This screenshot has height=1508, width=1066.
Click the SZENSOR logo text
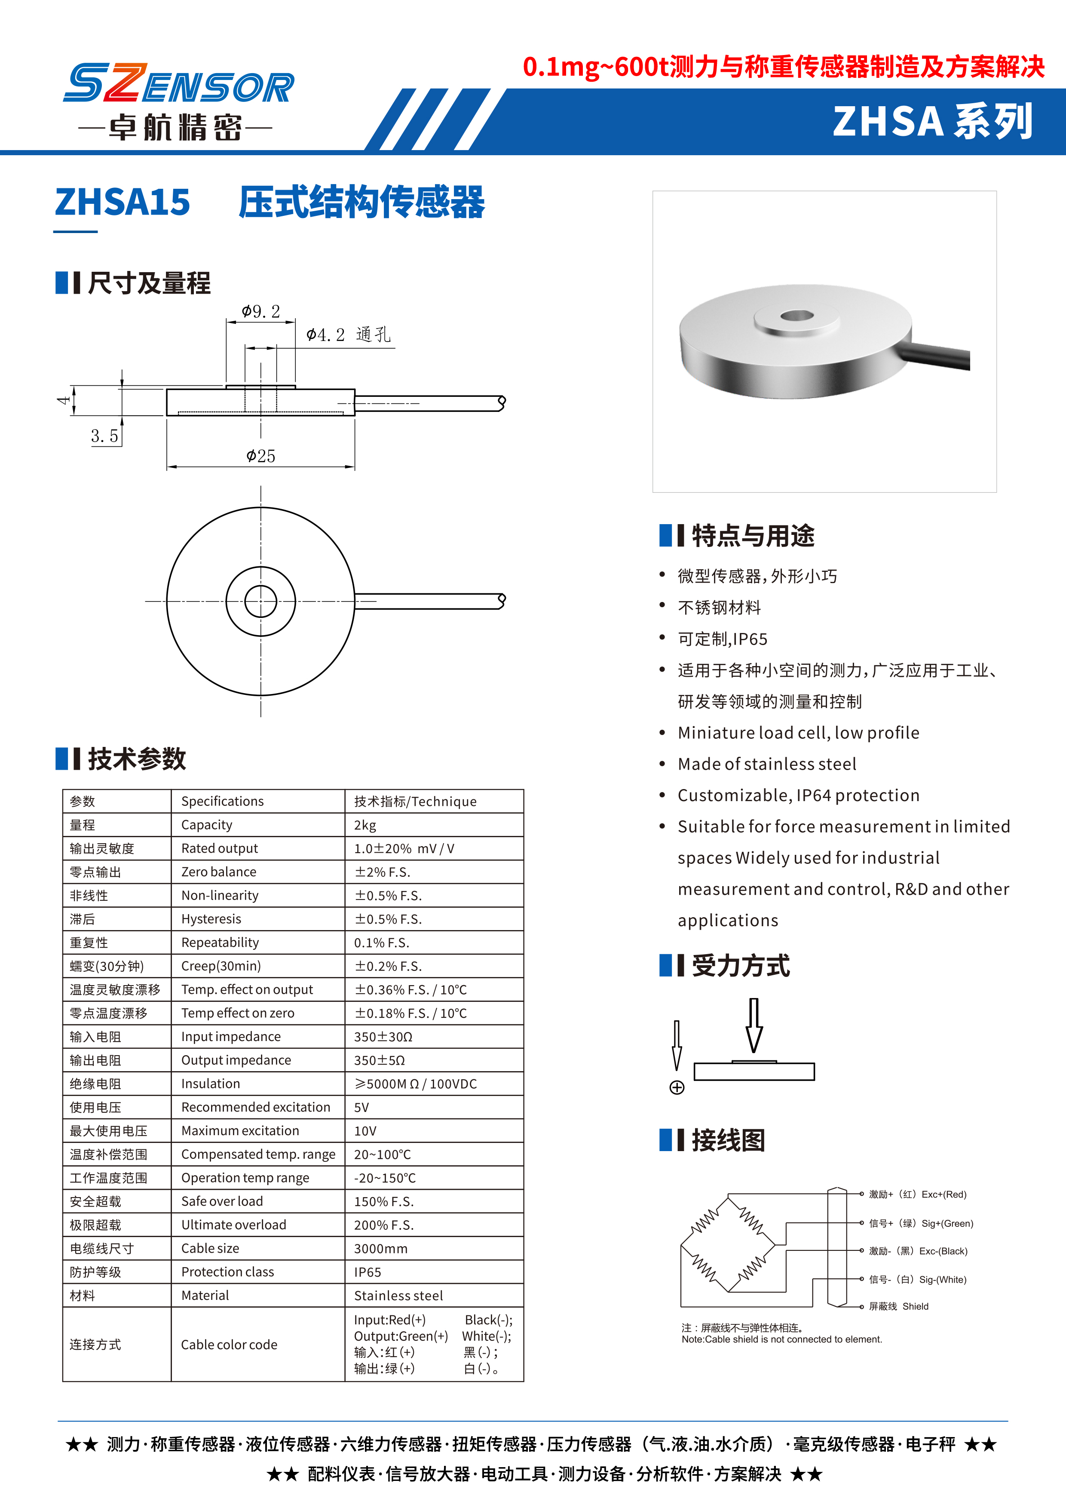coord(178,84)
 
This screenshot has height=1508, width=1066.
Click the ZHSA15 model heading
coord(123,202)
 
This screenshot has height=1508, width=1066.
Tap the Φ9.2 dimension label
coord(260,311)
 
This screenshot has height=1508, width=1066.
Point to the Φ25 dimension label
coord(260,456)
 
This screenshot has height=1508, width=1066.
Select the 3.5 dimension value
coord(104,436)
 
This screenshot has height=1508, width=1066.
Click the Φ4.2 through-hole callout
coord(348,335)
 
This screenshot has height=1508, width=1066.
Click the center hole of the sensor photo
coord(797,316)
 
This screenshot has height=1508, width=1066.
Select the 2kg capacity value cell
coord(365,825)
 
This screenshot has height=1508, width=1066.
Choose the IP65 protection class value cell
coord(368,1272)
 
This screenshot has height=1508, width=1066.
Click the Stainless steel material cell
coord(398,1296)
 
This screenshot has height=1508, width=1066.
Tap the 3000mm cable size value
coord(381,1249)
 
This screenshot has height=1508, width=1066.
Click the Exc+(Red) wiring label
coord(918,1194)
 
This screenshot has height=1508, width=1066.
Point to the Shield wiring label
coord(899,1306)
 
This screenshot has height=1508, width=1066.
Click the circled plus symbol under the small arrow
coord(677,1087)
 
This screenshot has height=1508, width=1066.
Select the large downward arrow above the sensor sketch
coord(754,1025)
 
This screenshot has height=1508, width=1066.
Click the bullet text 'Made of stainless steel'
coord(767,764)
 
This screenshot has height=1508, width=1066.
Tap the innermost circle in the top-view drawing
coord(260,601)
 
